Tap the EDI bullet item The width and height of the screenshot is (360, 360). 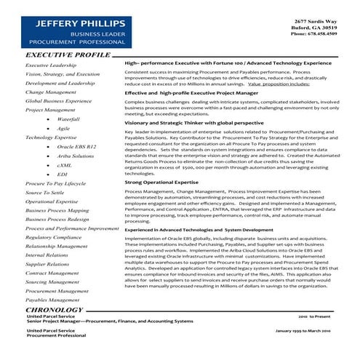pyautogui.click(x=63, y=175)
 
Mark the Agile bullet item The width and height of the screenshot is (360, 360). pyautogui.click(x=63, y=127)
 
